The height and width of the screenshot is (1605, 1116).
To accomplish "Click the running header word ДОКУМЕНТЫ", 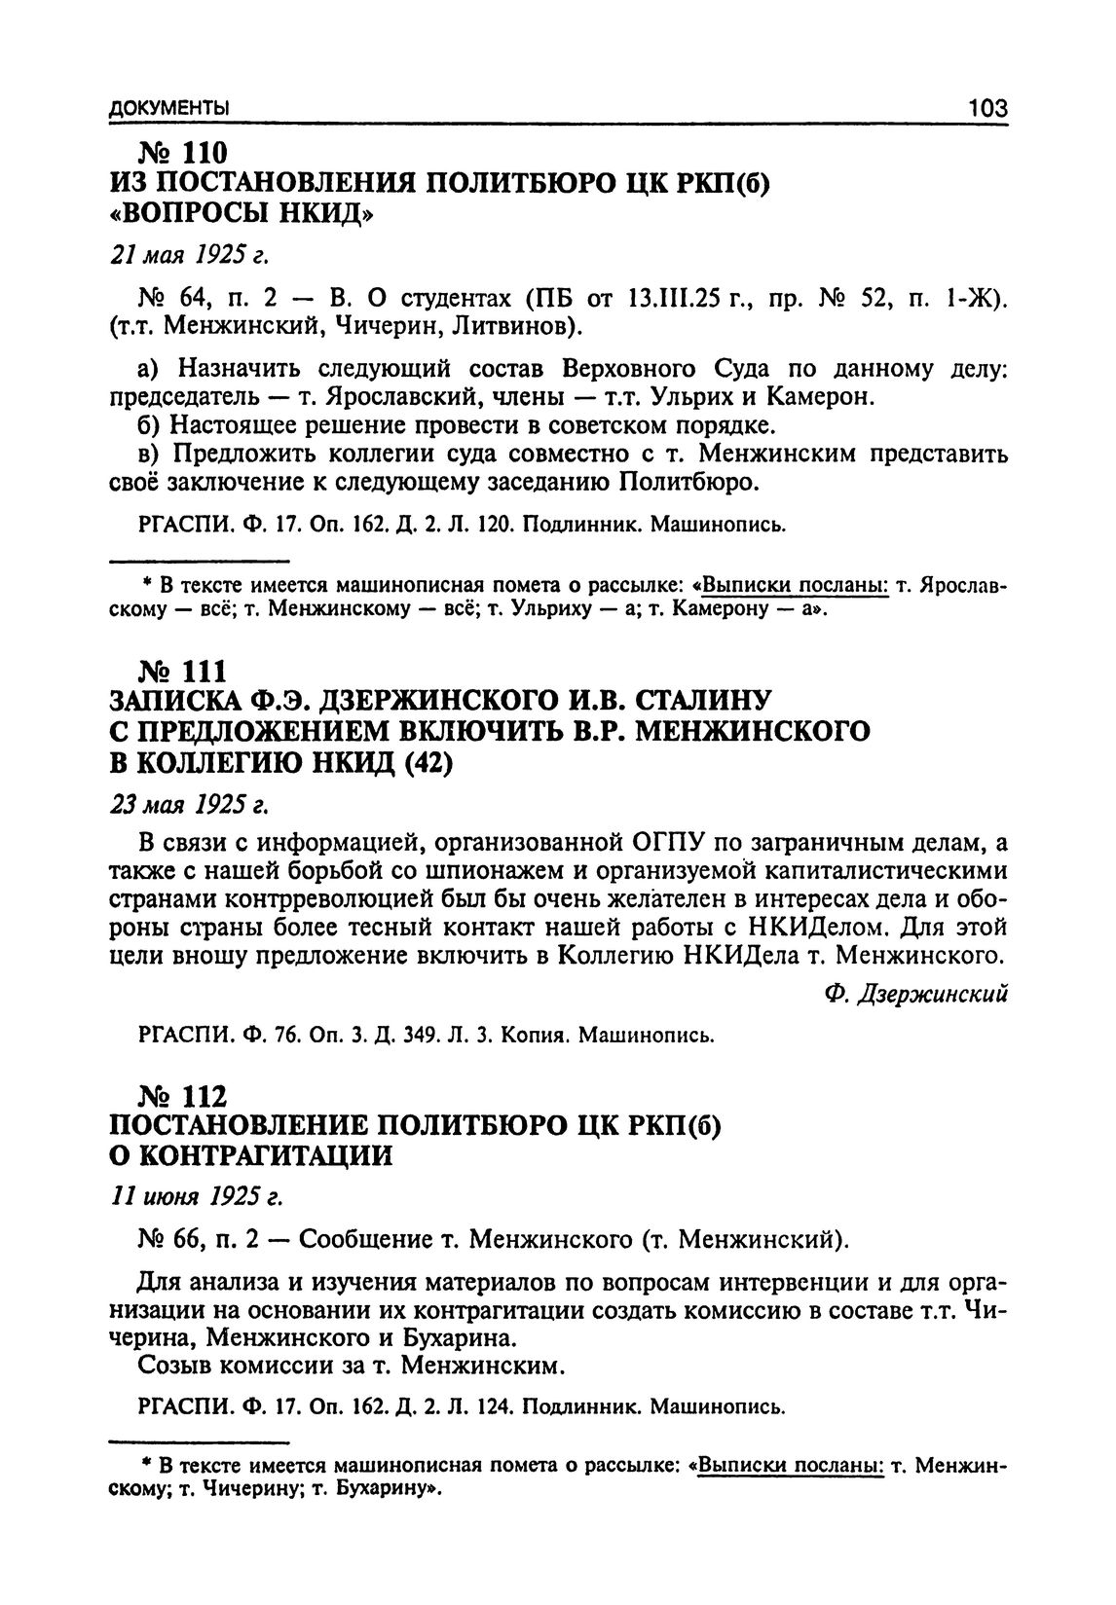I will pos(169,107).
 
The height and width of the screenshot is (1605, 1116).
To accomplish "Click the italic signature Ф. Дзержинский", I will pos(914,994).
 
